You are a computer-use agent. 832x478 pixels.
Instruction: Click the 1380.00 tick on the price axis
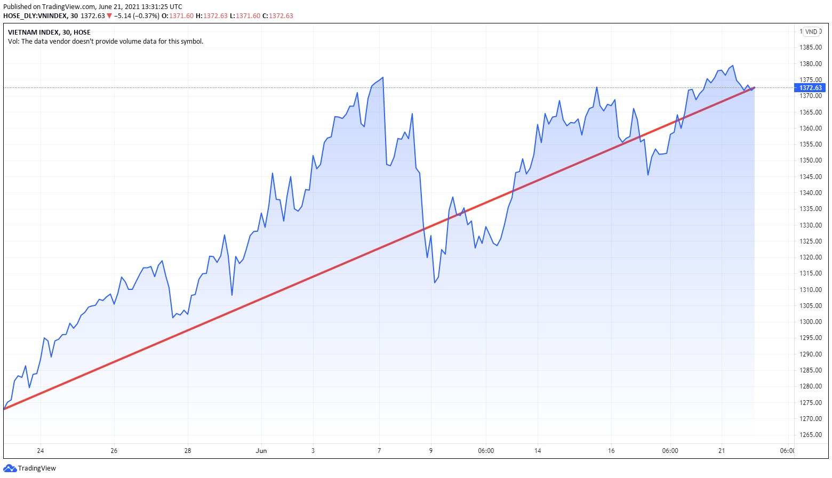coord(810,64)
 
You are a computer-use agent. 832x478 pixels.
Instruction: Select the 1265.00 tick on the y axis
coord(810,435)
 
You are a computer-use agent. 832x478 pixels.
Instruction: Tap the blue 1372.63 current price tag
coord(810,88)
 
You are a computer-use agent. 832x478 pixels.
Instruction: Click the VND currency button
coord(811,32)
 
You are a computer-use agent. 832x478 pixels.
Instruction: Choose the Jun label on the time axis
coord(261,451)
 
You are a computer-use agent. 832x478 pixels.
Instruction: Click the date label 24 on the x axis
coord(41,451)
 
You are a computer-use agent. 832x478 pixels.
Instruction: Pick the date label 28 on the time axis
coord(188,451)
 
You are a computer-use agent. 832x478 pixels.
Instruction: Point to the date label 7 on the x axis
coord(379,451)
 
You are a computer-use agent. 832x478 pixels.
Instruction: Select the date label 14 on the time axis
coord(538,451)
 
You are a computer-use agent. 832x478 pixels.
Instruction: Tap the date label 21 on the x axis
coord(722,451)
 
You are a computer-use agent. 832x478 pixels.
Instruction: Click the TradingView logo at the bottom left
coord(30,468)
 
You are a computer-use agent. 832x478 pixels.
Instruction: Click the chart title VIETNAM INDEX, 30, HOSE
coord(49,33)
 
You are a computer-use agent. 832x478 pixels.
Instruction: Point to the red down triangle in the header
coord(109,16)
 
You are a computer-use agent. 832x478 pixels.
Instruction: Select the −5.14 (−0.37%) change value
coord(137,16)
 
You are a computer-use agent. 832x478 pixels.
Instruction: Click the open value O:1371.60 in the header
coord(178,16)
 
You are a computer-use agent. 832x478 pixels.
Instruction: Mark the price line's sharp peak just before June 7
coord(383,78)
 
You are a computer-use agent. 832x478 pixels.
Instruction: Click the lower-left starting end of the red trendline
coord(5,409)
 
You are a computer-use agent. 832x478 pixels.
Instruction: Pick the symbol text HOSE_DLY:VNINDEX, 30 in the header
coord(41,16)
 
